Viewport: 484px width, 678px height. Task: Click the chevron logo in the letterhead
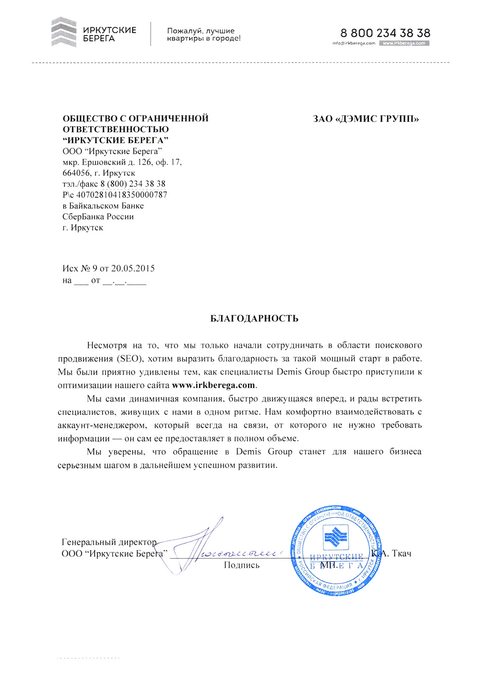tap(64, 32)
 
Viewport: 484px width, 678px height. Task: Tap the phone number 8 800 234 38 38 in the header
tap(385, 33)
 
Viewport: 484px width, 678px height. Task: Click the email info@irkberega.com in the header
tap(354, 43)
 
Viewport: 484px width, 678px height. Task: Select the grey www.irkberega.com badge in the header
tap(404, 43)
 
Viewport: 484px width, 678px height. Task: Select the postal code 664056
tap(76, 173)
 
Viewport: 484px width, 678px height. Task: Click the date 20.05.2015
tap(133, 268)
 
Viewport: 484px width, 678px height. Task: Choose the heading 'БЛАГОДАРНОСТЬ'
tap(254, 319)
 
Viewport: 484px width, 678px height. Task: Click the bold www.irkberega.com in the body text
tap(214, 385)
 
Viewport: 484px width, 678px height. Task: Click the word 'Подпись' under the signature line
tap(242, 565)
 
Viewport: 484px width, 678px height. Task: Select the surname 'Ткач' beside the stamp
tap(401, 553)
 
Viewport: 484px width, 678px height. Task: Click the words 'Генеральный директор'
tap(109, 542)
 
